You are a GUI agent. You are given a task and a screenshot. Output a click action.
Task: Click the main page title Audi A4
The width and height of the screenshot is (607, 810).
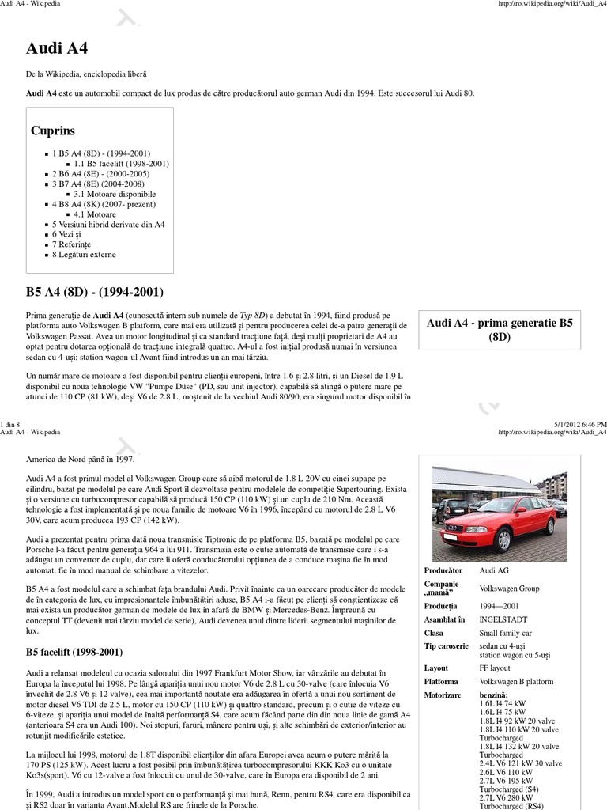pyautogui.click(x=57, y=48)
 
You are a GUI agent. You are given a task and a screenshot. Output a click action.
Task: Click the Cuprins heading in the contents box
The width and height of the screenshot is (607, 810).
pyautogui.click(x=53, y=131)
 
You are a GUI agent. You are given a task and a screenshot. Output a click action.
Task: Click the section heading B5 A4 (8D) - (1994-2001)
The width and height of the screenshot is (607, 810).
pyautogui.click(x=95, y=293)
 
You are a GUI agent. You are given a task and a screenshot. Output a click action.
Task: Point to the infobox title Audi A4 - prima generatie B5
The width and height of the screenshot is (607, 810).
pyautogui.click(x=500, y=323)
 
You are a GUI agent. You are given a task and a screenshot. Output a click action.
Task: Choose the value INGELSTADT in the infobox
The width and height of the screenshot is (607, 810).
pyautogui.click(x=503, y=619)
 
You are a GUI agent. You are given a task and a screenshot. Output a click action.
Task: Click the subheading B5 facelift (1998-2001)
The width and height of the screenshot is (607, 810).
pyautogui.click(x=74, y=653)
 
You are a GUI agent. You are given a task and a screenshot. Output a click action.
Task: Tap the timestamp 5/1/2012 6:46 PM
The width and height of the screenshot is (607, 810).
pyautogui.click(x=572, y=424)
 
